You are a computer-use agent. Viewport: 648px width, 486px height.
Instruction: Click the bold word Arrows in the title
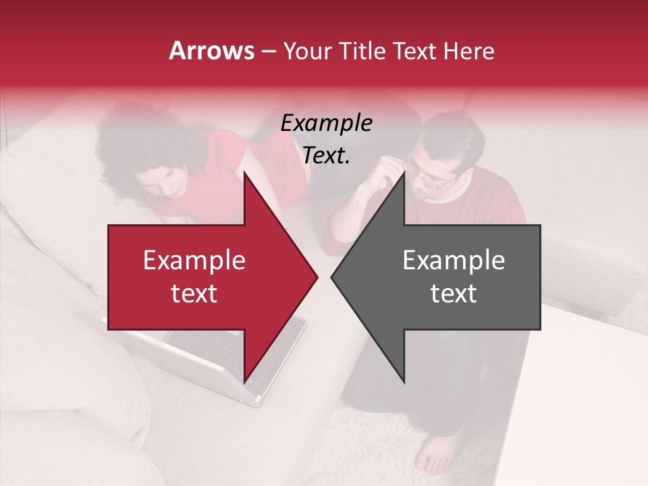click(212, 51)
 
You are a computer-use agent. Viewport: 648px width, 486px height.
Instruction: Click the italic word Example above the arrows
click(327, 124)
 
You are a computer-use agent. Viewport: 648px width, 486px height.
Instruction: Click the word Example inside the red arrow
click(194, 261)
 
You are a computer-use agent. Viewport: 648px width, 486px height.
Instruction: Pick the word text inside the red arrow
click(194, 294)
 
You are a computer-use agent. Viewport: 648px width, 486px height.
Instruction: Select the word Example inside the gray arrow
click(454, 261)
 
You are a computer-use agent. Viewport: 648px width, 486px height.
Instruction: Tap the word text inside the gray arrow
click(454, 294)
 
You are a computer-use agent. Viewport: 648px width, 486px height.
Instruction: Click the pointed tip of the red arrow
click(317, 277)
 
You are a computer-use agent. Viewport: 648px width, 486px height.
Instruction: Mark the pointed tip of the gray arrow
click(331, 277)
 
